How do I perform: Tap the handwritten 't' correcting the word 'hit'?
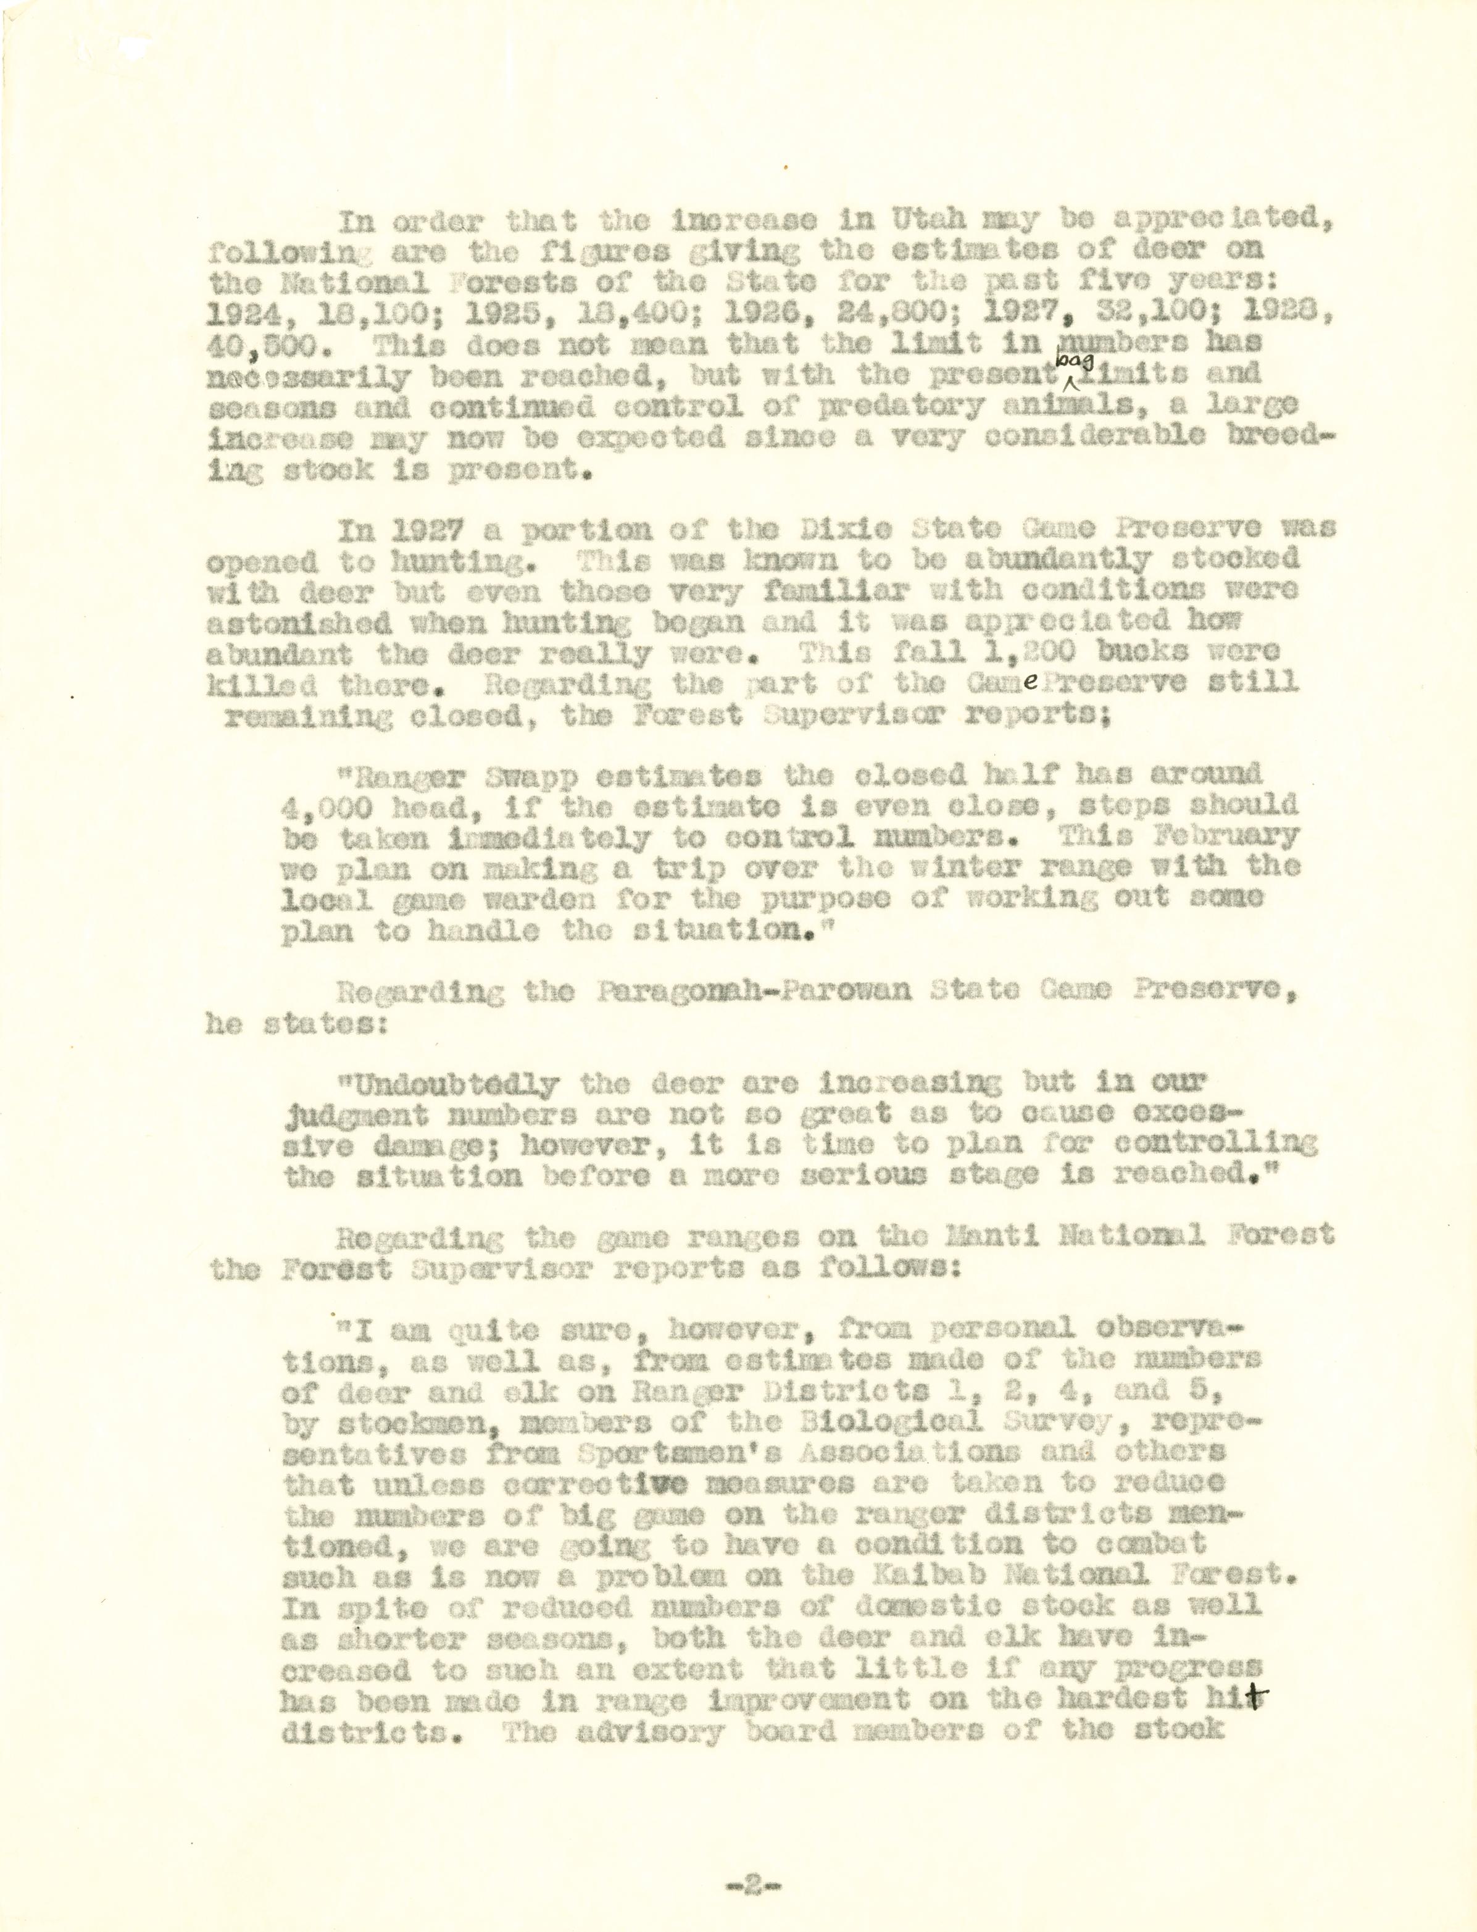tap(1255, 1700)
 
